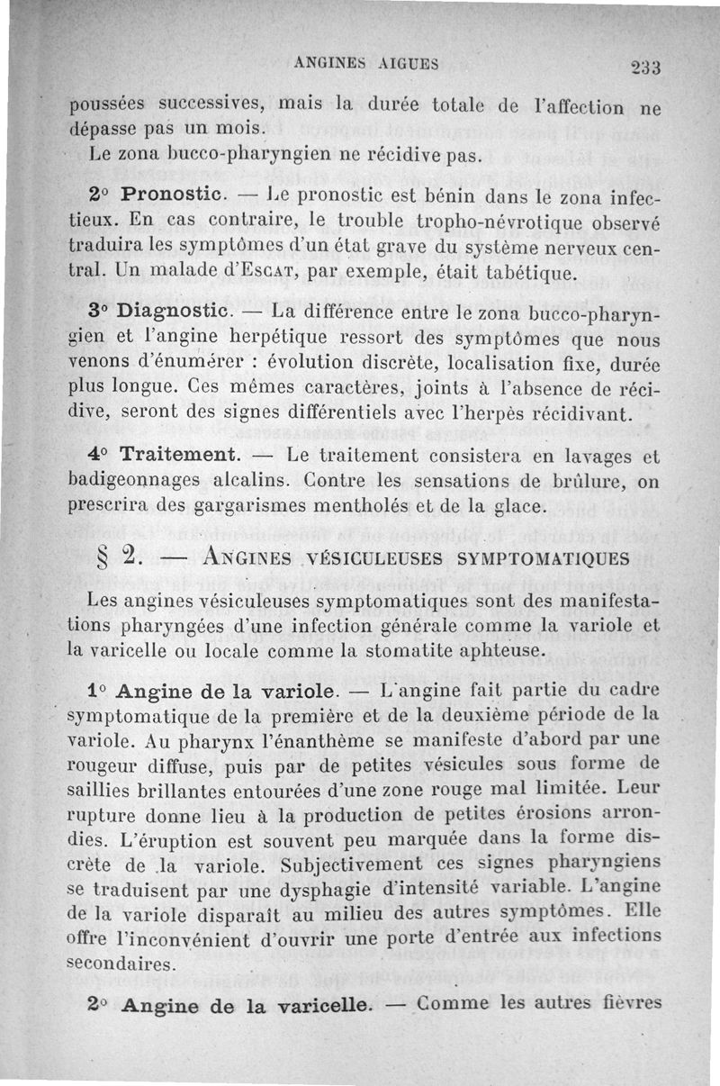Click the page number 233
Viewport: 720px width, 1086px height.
(645, 67)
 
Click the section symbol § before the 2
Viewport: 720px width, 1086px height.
(104, 557)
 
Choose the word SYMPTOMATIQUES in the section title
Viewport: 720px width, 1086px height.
(543, 558)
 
